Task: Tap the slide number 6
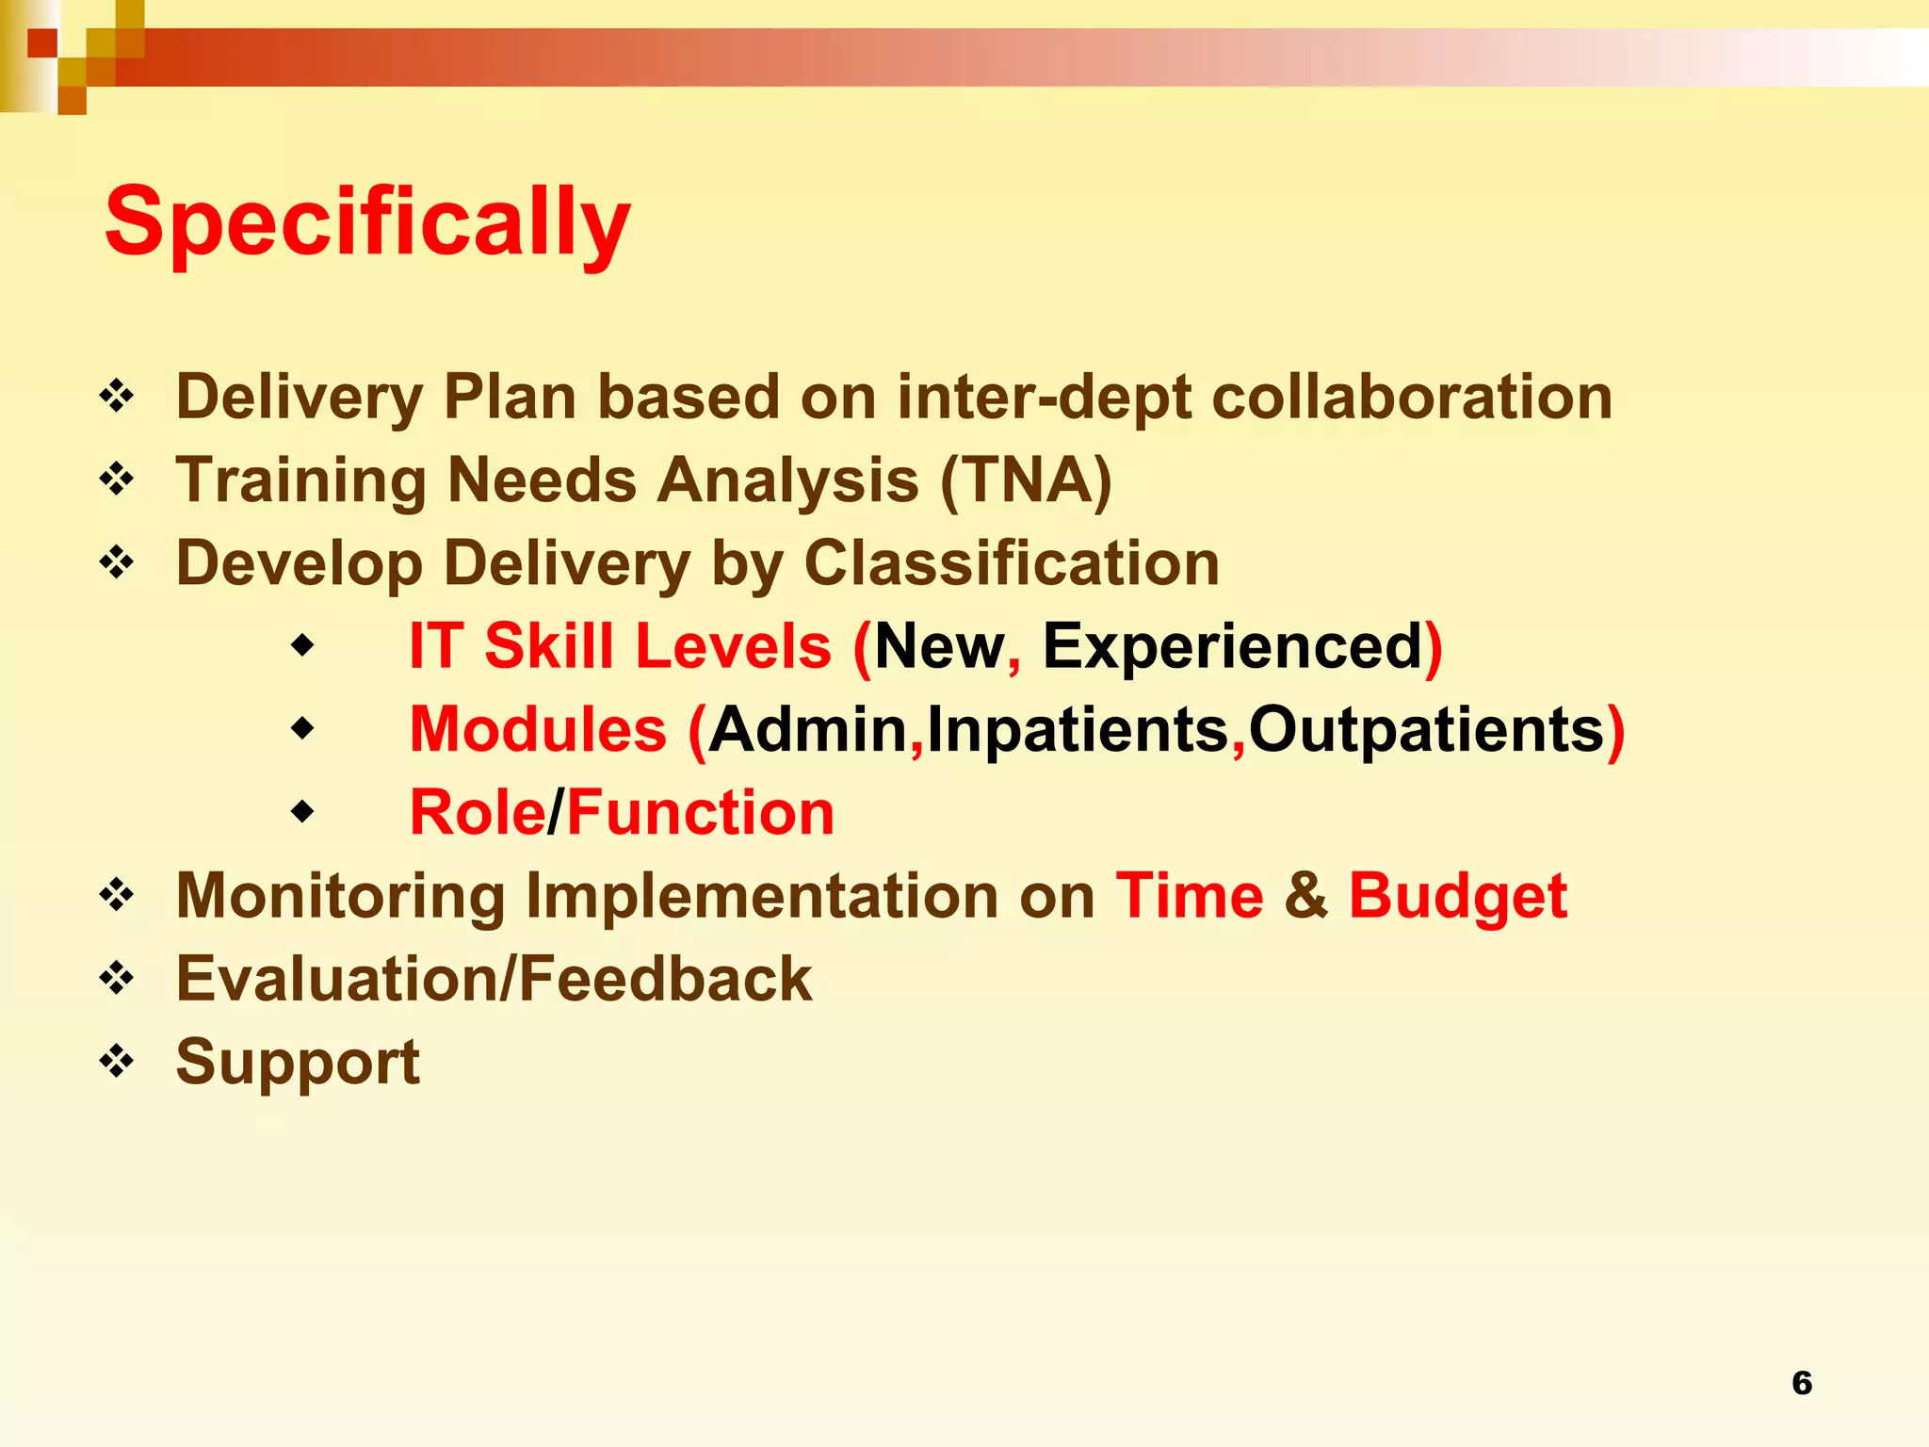click(1801, 1383)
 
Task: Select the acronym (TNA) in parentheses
click(1027, 480)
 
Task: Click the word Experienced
click(1232, 646)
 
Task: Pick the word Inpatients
click(1078, 730)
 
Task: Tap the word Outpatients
click(1426, 730)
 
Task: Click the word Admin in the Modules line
click(807, 730)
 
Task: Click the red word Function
click(701, 812)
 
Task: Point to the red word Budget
click(1457, 895)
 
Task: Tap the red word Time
click(1189, 895)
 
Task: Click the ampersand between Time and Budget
click(1305, 895)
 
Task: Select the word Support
click(298, 1062)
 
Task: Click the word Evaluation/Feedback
click(494, 979)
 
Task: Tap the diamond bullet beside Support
click(117, 1061)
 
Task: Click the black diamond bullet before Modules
click(302, 728)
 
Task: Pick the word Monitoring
click(341, 895)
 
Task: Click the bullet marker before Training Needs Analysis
click(117, 480)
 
